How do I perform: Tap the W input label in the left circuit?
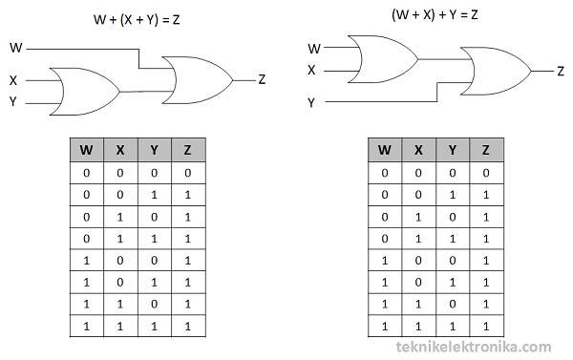click(16, 47)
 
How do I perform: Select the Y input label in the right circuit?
click(311, 101)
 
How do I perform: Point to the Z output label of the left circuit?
click(262, 79)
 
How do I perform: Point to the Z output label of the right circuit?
click(561, 71)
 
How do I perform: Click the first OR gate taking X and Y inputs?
click(84, 91)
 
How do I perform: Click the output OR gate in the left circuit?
click(197, 79)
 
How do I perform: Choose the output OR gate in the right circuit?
click(497, 71)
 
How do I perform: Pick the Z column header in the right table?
click(486, 150)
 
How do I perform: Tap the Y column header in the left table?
click(155, 150)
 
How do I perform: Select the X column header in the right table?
click(418, 150)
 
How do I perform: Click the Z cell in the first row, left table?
click(188, 173)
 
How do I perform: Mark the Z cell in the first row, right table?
click(486, 173)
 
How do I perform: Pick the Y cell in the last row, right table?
click(453, 327)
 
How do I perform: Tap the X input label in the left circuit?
click(14, 81)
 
